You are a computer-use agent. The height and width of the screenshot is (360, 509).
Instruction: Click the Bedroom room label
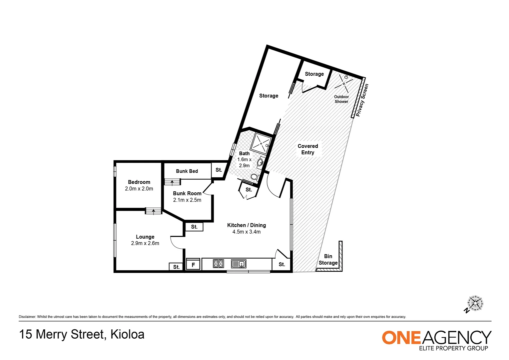click(139, 182)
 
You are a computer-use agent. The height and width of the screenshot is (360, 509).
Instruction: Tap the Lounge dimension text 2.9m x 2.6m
click(145, 243)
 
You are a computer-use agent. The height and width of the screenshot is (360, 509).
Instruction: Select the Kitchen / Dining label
click(246, 225)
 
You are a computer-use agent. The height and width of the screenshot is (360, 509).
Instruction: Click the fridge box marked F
click(193, 264)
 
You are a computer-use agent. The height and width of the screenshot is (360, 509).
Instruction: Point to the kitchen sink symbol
click(239, 264)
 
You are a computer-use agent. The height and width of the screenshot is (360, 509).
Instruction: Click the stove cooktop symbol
click(219, 264)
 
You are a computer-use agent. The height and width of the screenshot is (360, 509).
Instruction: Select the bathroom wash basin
click(260, 162)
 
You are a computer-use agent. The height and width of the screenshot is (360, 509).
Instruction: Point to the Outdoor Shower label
click(341, 99)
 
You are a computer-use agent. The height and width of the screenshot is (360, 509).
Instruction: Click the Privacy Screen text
click(362, 100)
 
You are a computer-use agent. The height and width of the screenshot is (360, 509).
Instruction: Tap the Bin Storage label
click(328, 259)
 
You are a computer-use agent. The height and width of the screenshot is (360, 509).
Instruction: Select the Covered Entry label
click(308, 149)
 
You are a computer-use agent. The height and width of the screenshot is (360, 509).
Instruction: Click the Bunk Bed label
click(187, 171)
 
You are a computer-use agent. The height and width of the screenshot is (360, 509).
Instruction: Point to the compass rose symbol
click(475, 303)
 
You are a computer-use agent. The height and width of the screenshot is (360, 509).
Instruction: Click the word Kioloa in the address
click(127, 334)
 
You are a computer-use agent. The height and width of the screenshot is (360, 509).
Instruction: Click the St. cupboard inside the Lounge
click(176, 267)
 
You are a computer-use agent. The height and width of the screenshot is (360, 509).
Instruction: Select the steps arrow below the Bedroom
click(153, 211)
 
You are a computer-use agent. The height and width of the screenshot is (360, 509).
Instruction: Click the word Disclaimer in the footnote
click(27, 317)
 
